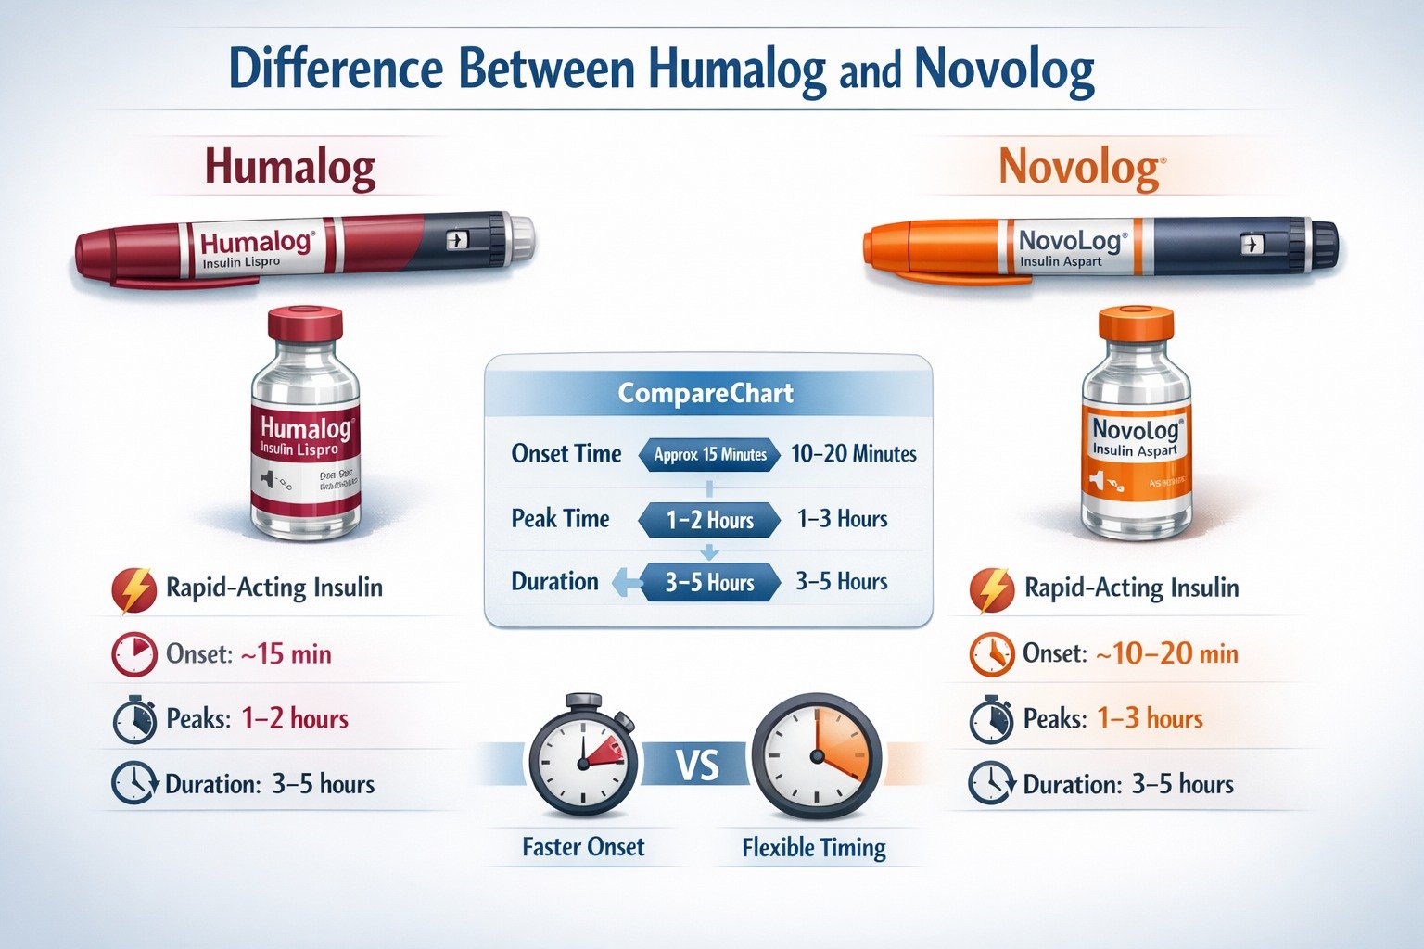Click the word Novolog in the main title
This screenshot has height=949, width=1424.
1004,70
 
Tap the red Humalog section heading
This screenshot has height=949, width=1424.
289,168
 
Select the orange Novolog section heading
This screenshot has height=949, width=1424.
1080,169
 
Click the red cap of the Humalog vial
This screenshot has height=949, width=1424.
305,325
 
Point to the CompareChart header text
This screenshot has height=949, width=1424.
706,393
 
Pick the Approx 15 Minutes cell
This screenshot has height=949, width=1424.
710,454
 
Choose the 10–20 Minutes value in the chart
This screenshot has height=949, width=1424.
853,454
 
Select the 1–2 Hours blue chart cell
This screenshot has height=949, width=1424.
710,520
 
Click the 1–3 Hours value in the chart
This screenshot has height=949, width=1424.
842,519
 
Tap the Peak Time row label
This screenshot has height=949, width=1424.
560,519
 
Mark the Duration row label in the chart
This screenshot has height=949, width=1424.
554,582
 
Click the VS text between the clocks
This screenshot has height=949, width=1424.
697,766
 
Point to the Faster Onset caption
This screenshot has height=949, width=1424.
583,847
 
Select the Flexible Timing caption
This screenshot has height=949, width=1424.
814,848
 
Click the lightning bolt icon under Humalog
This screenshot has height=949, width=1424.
133,589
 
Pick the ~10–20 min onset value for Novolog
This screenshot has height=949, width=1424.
1166,654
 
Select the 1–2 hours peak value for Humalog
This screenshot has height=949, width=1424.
295,719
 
